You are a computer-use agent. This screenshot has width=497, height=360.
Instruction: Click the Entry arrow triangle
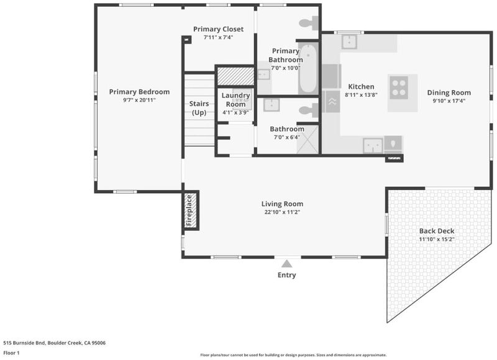[286, 264]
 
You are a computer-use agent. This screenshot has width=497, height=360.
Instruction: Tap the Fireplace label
[189, 210]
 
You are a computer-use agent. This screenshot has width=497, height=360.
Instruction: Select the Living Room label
[282, 204]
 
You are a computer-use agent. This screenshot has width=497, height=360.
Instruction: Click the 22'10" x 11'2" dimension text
[282, 212]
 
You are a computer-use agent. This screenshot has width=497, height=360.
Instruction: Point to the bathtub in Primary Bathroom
[308, 68]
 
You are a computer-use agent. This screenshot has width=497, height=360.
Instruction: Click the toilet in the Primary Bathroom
[309, 23]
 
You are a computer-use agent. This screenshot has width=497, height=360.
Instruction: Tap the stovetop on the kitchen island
[399, 88]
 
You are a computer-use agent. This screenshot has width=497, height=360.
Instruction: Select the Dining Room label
[449, 92]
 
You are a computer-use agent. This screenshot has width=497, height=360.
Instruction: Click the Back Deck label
[437, 231]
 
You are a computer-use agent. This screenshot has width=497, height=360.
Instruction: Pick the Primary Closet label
[219, 29]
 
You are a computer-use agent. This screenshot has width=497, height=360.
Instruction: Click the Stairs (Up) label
[199, 108]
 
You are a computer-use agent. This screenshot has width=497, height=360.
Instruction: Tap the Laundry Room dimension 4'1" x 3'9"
[235, 112]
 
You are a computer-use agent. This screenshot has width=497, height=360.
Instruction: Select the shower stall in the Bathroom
[308, 140]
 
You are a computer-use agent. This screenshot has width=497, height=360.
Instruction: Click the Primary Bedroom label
[139, 92]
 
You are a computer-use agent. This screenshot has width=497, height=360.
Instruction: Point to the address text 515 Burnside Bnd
[24, 343]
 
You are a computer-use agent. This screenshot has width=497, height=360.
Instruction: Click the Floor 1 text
[11, 353]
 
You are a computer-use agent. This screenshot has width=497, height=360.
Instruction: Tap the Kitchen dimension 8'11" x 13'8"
[361, 95]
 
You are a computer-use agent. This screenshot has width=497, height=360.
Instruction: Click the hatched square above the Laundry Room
[235, 76]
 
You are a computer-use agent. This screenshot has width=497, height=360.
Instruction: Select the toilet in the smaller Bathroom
[309, 110]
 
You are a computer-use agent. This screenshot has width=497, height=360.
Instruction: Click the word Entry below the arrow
[286, 275]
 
